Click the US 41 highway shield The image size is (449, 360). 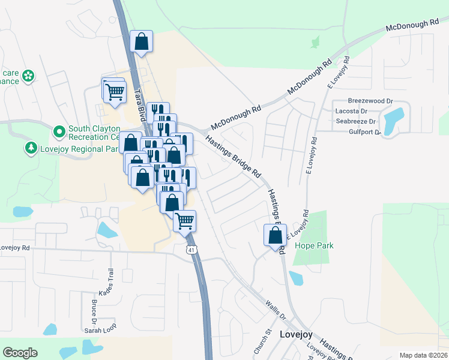[x=191, y=250]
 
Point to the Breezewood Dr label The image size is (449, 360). [x=370, y=101]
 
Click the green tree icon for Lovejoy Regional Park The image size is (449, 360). [x=31, y=148]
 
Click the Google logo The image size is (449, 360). [x=20, y=353]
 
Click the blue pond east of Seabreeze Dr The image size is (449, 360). [x=394, y=121]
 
